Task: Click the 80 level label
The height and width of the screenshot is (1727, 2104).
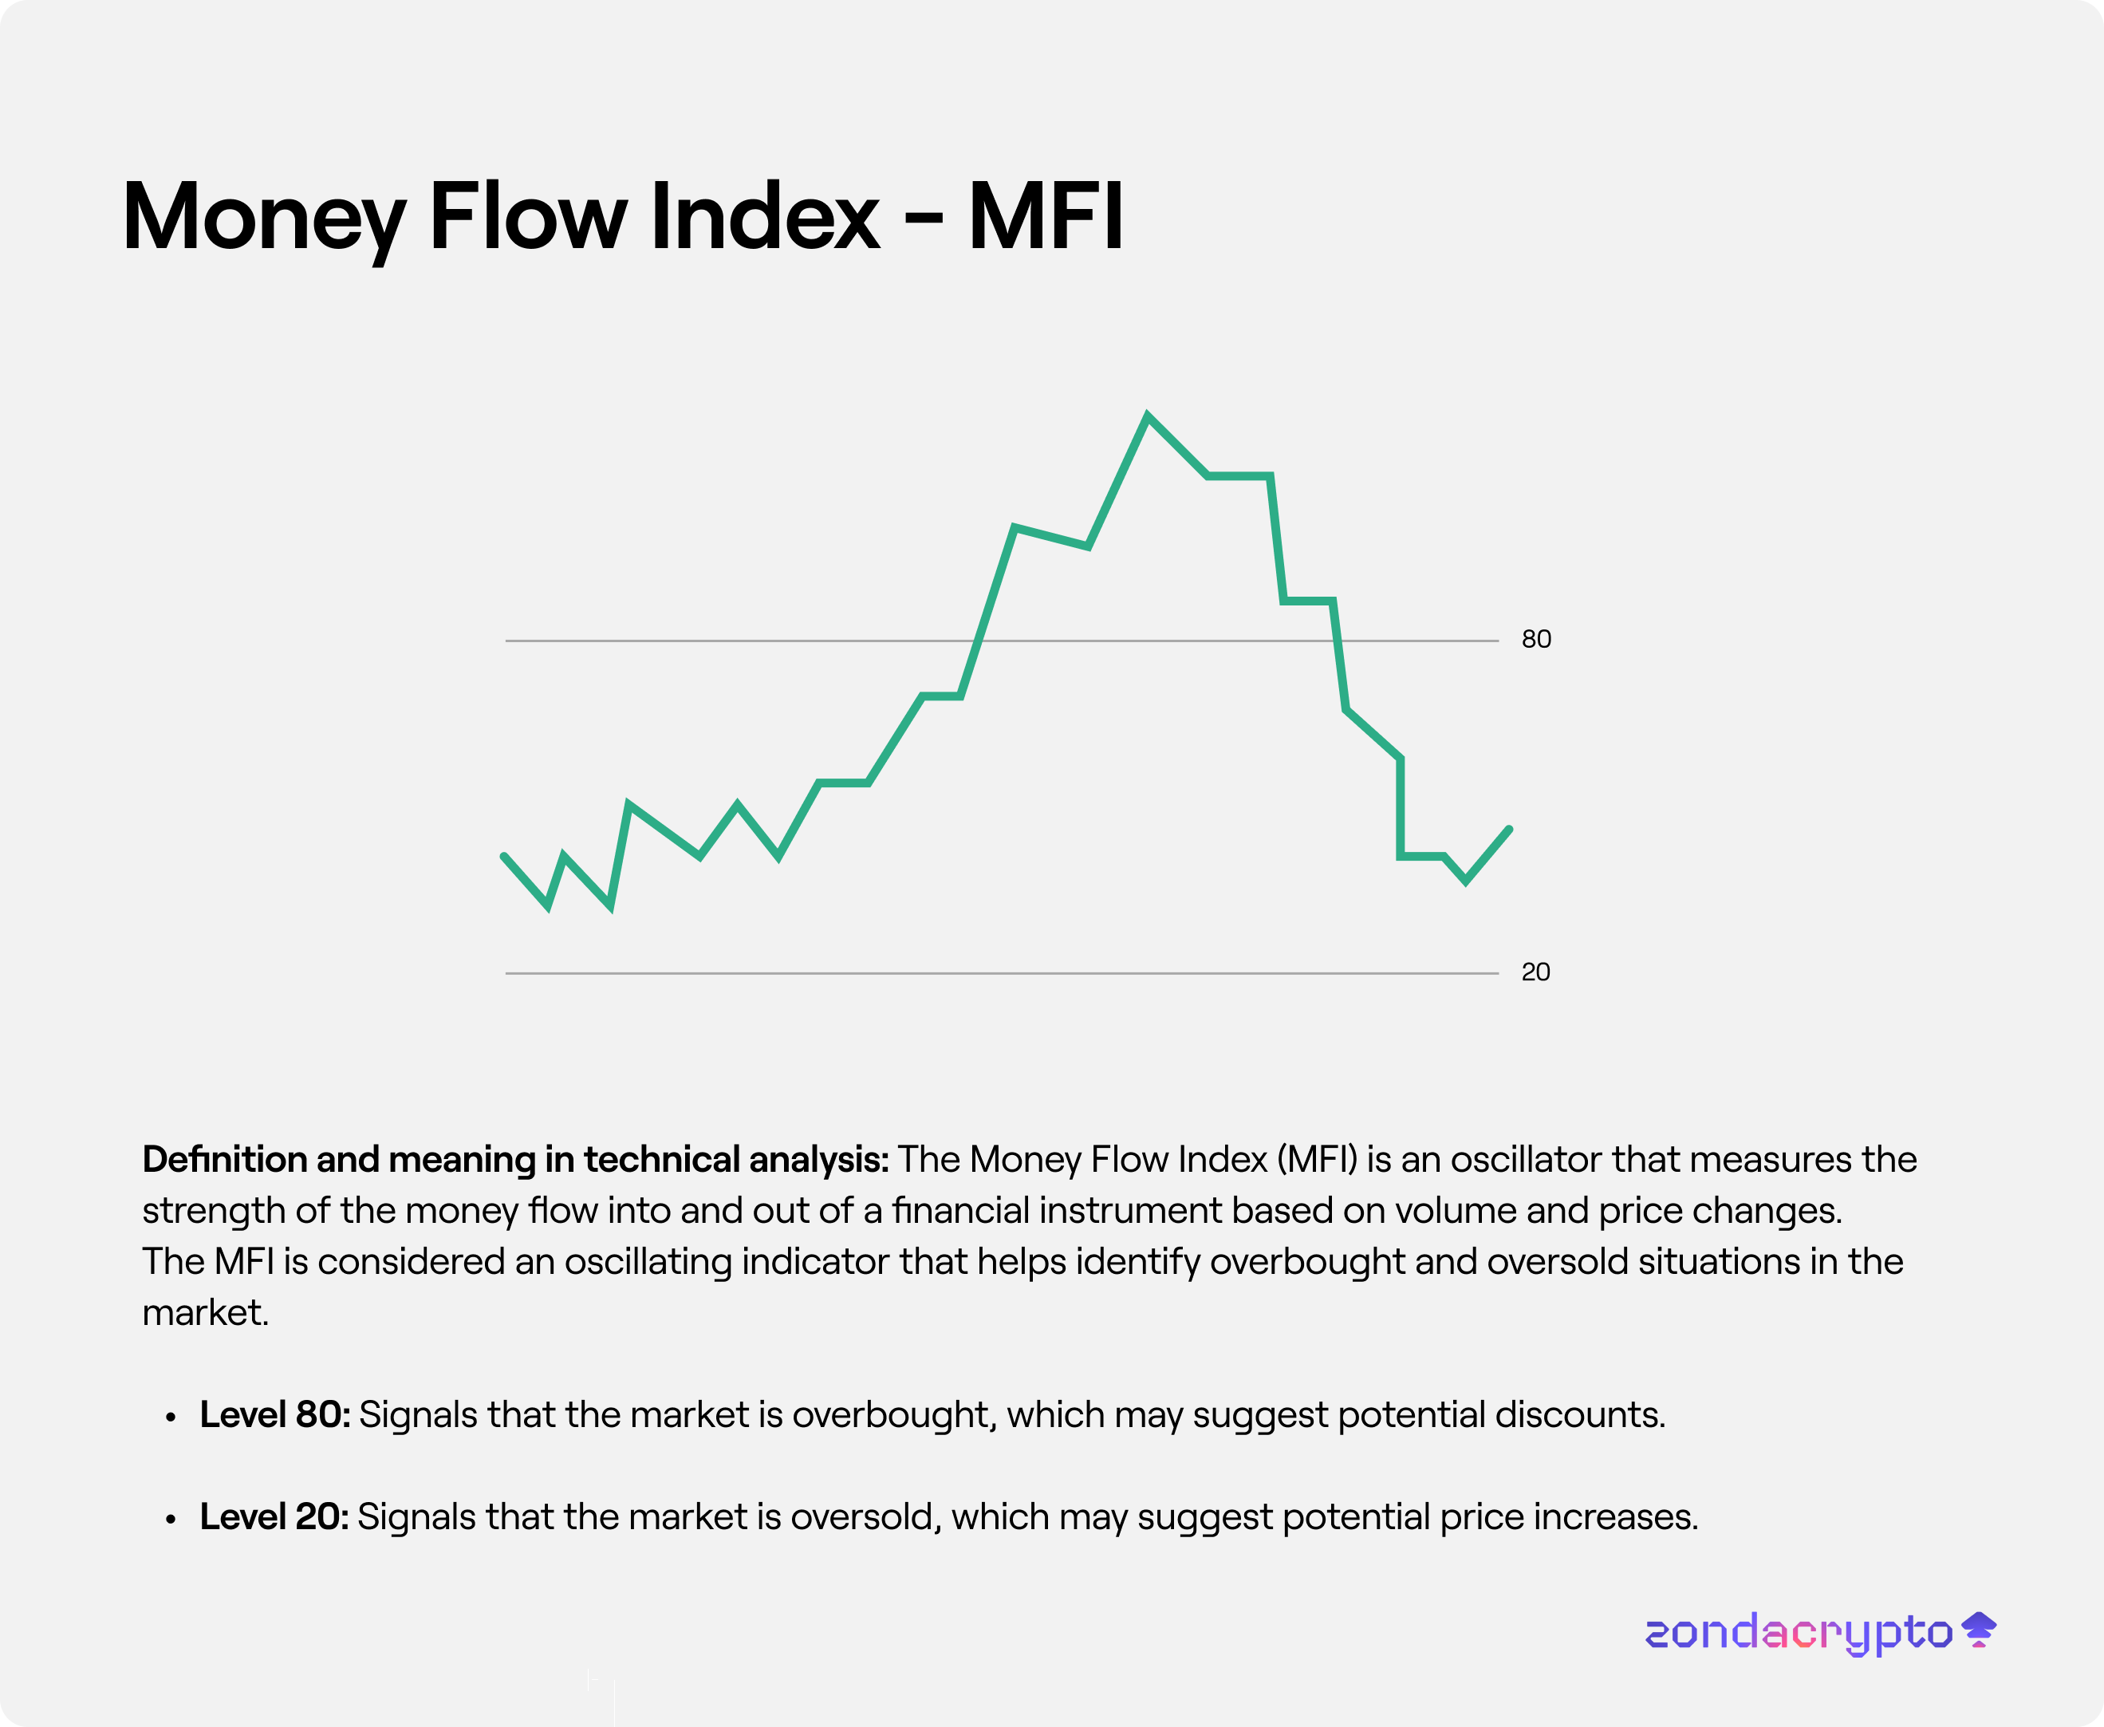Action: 1535,639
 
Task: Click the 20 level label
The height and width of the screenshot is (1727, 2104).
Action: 1535,972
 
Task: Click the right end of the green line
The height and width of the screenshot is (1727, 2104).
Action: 1508,830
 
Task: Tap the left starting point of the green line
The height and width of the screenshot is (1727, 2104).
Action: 504,857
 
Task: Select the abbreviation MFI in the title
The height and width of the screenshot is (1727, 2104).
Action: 1046,216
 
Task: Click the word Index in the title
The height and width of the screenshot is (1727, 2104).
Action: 764,216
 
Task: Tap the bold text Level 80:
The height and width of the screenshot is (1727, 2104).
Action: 274,1414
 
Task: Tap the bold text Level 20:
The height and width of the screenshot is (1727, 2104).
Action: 274,1517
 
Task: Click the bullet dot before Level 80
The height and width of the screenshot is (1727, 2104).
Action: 171,1417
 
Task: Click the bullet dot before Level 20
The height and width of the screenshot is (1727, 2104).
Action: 171,1520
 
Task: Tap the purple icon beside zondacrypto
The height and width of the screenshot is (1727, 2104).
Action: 1979,1630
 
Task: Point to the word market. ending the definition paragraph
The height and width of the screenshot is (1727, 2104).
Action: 205,1313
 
